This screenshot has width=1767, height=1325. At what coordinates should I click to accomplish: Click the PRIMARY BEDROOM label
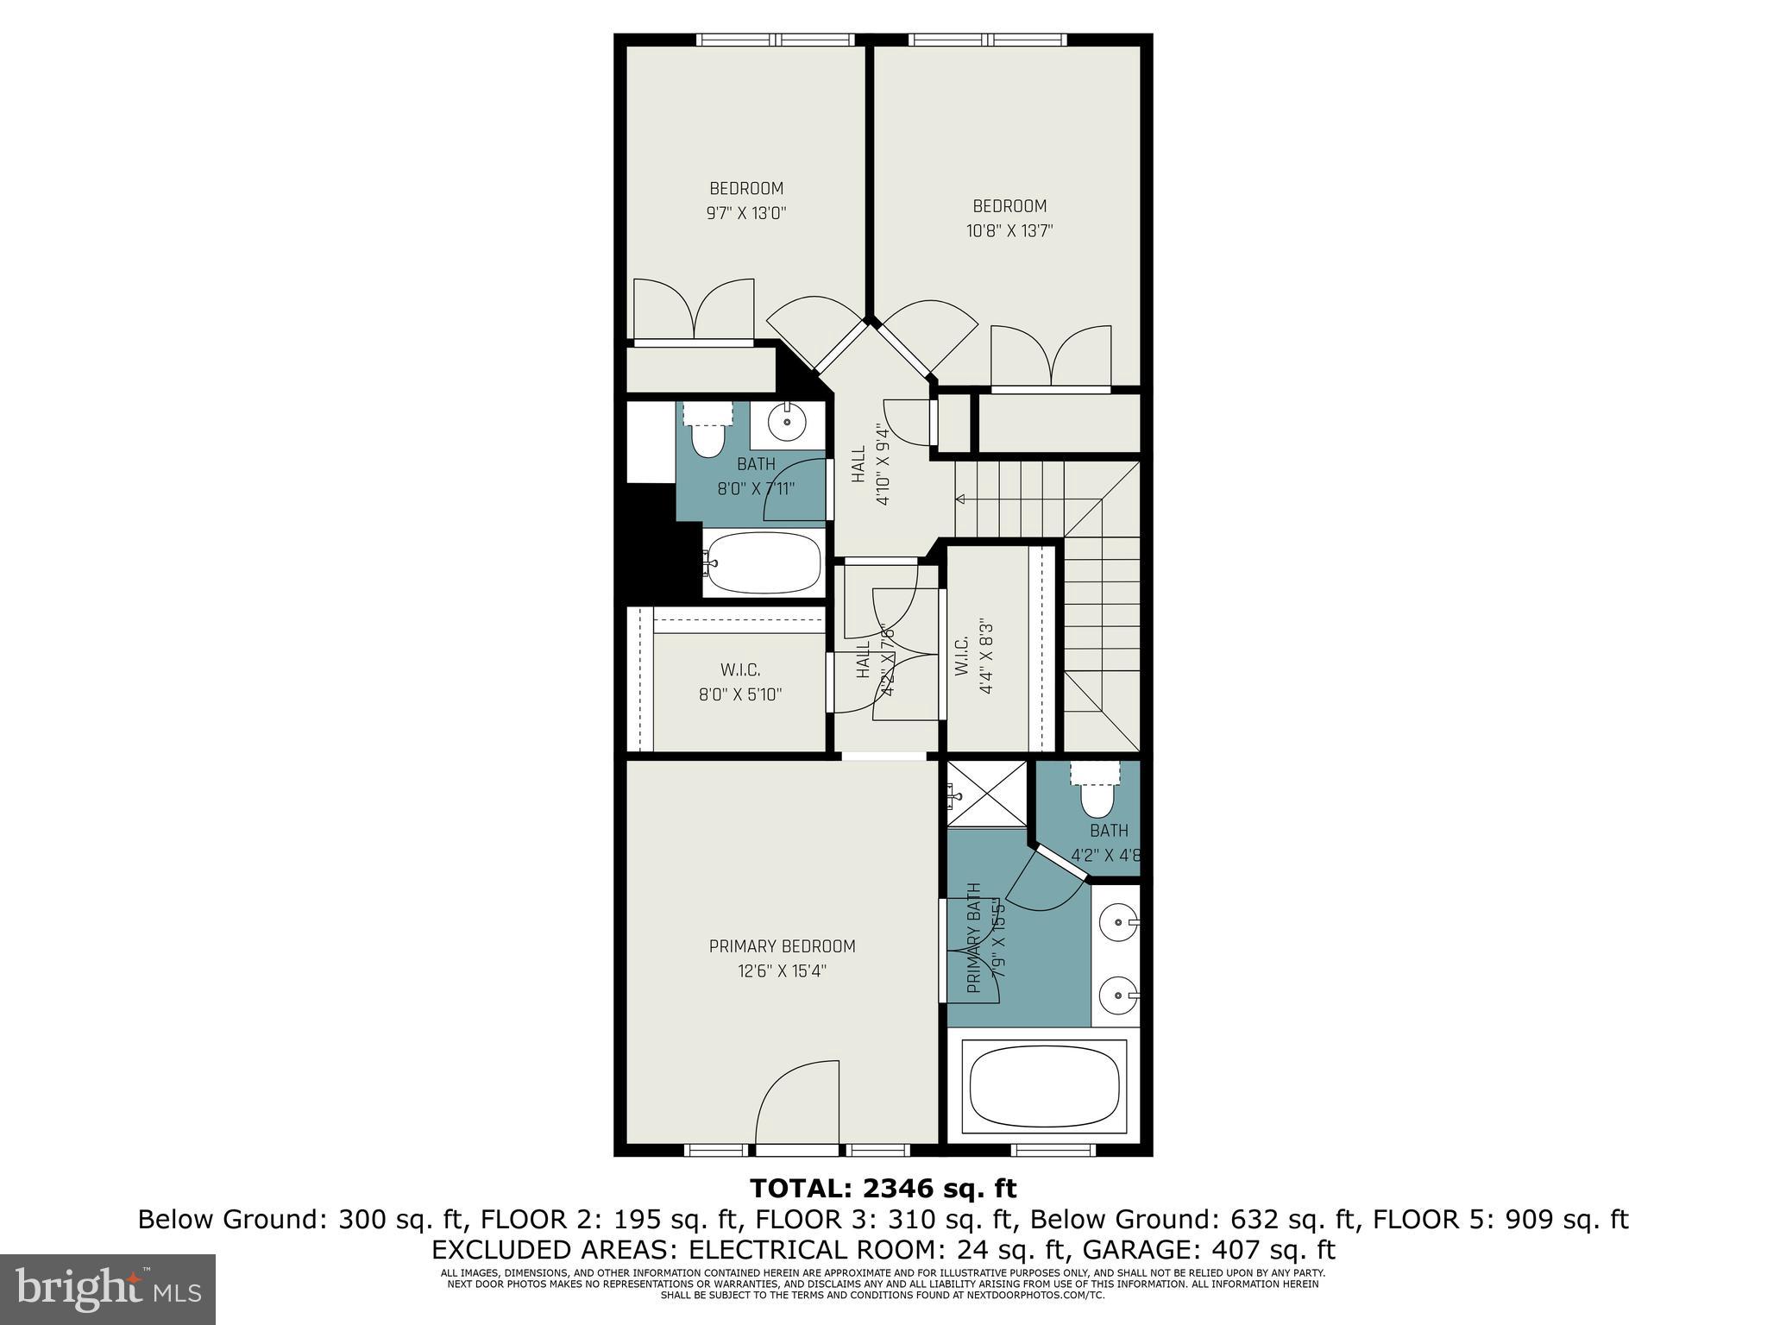(782, 946)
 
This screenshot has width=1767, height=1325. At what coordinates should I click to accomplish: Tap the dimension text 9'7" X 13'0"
(746, 213)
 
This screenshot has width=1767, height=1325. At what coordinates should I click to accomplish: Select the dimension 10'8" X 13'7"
(1009, 230)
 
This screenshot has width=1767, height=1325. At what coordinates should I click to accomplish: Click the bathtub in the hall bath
(763, 562)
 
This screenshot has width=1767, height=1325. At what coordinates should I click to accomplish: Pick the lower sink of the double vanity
(1118, 996)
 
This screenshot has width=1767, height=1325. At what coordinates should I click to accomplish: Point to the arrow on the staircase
(960, 499)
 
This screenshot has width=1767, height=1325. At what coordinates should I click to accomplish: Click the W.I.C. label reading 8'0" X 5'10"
(740, 681)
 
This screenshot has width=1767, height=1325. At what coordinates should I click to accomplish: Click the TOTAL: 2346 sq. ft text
(883, 1189)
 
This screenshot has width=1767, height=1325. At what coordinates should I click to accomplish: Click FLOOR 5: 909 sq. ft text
(1500, 1220)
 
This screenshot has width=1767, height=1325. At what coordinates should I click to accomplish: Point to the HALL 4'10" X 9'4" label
(870, 463)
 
